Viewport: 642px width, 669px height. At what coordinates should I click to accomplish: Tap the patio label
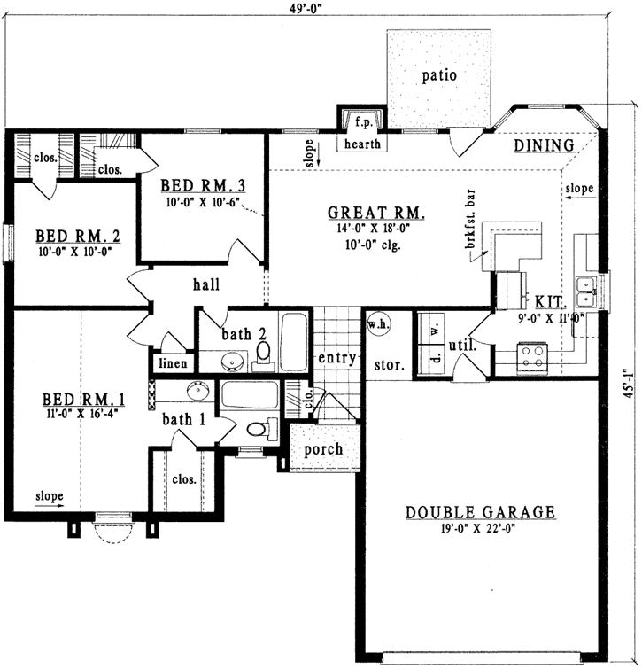coord(439,75)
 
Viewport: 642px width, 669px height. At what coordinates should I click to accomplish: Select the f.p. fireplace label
coord(362,121)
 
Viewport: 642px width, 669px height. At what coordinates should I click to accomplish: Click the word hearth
coord(362,142)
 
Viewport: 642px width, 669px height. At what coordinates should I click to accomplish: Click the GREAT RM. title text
coord(377,213)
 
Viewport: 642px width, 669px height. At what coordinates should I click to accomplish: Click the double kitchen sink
coord(584,285)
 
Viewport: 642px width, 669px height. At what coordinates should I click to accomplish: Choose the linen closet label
coord(172,363)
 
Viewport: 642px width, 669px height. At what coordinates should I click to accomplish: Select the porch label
coord(322,449)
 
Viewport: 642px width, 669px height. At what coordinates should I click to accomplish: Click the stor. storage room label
coord(391,363)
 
